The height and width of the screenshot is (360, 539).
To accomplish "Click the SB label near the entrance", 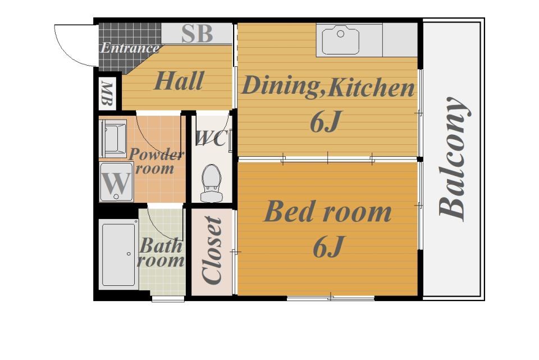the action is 197,34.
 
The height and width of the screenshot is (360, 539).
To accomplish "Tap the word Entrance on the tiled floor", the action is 130,48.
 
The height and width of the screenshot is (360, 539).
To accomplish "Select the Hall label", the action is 179,81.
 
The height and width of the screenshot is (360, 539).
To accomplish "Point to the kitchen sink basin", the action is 340,41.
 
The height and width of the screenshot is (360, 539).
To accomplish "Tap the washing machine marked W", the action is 116,182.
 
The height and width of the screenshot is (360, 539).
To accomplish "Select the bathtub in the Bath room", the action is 118,254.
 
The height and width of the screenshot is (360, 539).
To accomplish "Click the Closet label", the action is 212,250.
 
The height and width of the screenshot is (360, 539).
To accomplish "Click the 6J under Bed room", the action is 328,247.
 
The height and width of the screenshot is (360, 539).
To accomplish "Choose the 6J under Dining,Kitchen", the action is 325,122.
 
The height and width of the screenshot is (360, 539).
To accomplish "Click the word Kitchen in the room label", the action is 371,88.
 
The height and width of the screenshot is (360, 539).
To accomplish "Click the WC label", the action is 211,138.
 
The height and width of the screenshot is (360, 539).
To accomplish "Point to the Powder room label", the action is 156,161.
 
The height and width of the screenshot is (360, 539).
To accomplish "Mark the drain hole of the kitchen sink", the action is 340,34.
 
